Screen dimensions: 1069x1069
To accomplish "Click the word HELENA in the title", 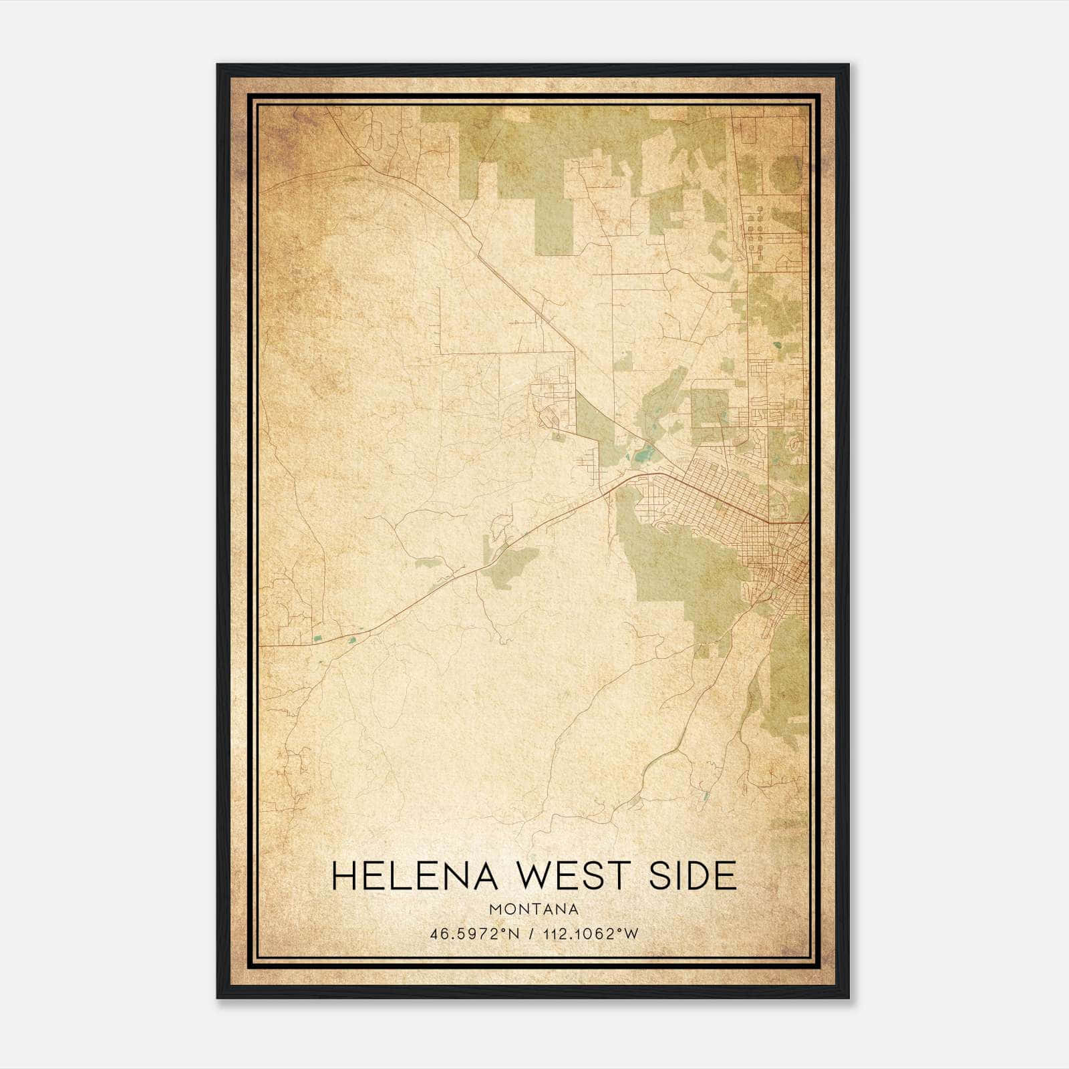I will [x=414, y=876].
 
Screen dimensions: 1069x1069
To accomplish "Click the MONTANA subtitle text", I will [x=534, y=909].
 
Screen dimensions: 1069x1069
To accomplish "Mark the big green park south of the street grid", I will [x=681, y=568].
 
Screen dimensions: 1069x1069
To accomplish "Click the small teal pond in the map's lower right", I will [x=706, y=796].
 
